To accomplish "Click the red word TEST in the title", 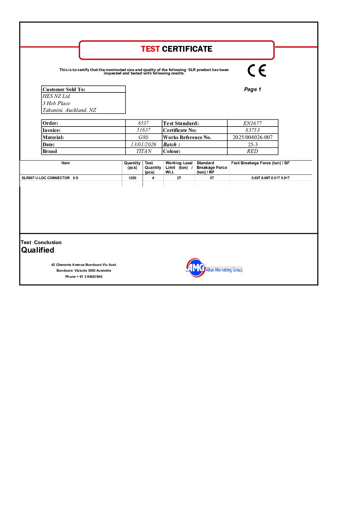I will (x=150, y=49).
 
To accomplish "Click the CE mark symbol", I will (x=257, y=70).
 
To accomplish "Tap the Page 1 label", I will (x=252, y=89).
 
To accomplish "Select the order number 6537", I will (x=143, y=123).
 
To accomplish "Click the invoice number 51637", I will (x=143, y=130).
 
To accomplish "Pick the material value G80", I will (x=143, y=137).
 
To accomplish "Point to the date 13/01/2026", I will (x=143, y=145).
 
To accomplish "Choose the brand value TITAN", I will (x=144, y=151).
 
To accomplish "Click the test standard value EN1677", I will (x=252, y=123).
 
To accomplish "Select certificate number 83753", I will (x=252, y=130).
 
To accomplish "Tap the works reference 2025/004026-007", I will (x=252, y=137).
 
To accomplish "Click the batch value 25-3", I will (x=252, y=145).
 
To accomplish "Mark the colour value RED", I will (x=252, y=151).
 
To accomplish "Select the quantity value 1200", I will (x=132, y=178).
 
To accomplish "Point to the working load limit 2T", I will (x=179, y=178).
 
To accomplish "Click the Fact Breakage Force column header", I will (x=260, y=163).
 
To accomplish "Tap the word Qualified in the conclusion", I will (x=37, y=250).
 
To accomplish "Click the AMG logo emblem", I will (x=195, y=268).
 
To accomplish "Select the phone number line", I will (x=84, y=277).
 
